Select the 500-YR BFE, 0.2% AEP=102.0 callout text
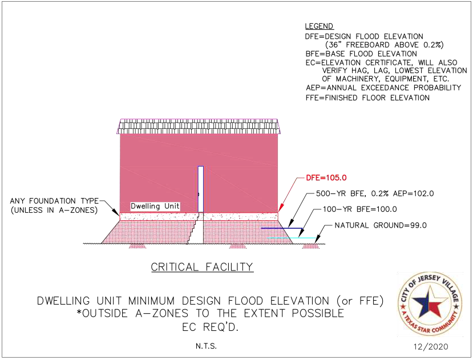tap(374, 193)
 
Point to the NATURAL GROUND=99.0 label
tap(380, 225)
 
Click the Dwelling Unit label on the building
tap(155, 206)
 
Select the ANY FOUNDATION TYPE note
tap(54, 205)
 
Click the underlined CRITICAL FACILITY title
tap(202, 267)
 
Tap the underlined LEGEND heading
tap(319, 26)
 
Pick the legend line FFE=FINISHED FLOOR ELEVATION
tap(367, 98)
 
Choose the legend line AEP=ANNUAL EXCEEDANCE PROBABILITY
tap(383, 87)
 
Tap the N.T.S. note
tap(203, 346)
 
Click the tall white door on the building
tap(200, 189)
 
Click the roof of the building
tap(199, 127)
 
